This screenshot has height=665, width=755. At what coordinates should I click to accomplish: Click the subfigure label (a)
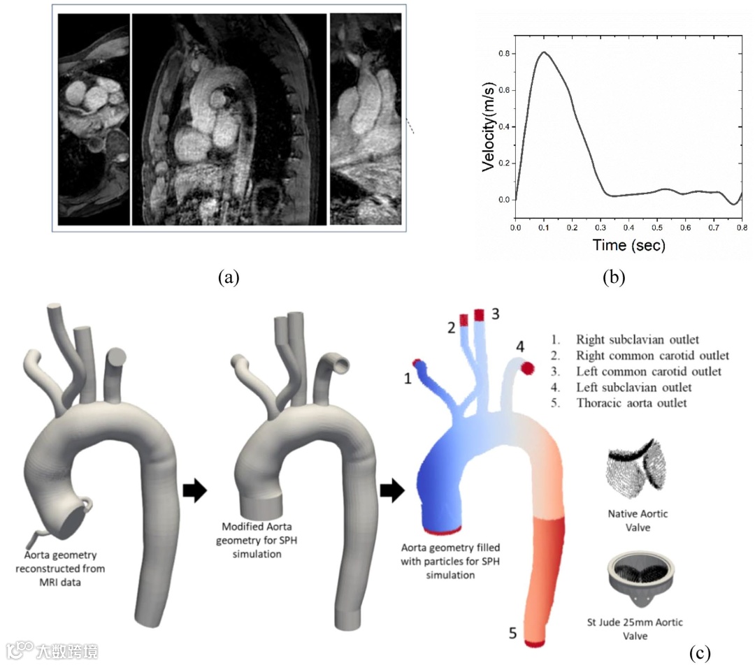coord(229,277)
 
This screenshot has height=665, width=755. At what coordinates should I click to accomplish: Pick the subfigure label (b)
coord(614,277)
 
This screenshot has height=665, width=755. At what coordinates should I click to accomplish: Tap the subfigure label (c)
coord(699,653)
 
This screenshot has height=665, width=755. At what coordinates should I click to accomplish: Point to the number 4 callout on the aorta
coord(519,346)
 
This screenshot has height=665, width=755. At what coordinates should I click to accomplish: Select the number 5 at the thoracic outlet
coord(512,634)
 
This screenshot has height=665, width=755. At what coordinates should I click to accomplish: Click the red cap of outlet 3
coord(480,314)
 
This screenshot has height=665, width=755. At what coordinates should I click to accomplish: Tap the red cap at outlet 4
coord(526,367)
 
